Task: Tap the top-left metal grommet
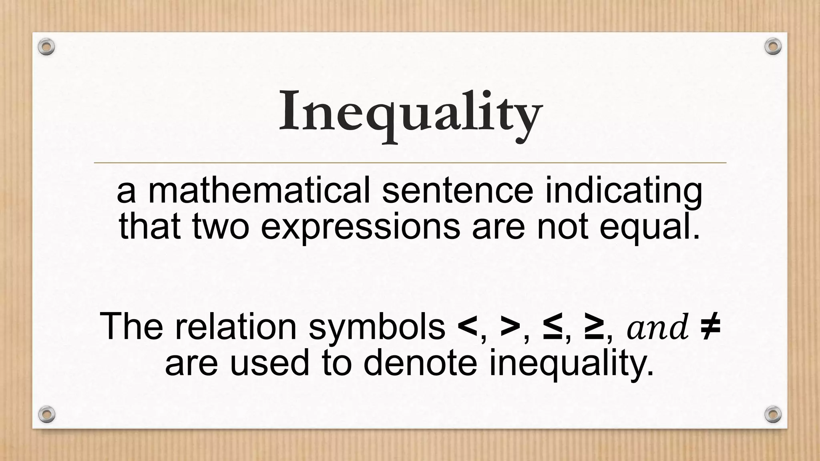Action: [46, 47]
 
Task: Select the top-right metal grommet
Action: [773, 47]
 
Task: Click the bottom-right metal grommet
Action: [773, 414]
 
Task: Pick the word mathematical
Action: [259, 191]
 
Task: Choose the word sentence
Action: [458, 191]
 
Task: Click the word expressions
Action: [360, 227]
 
